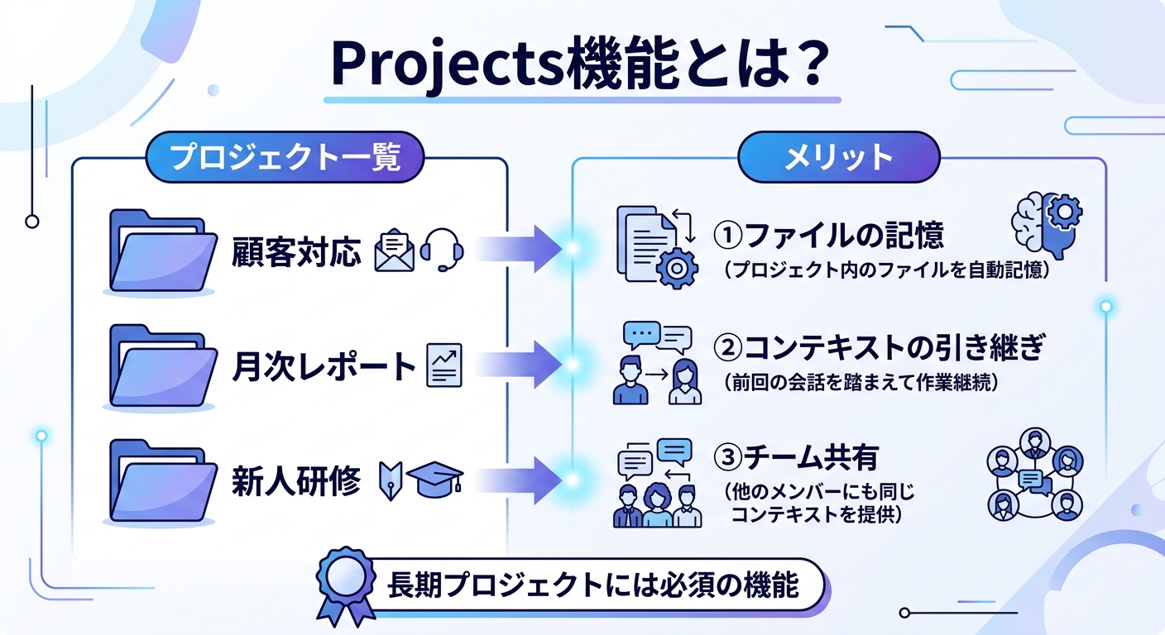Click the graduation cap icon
[435, 480]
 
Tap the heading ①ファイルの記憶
[828, 236]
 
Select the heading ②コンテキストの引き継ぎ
[879, 349]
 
